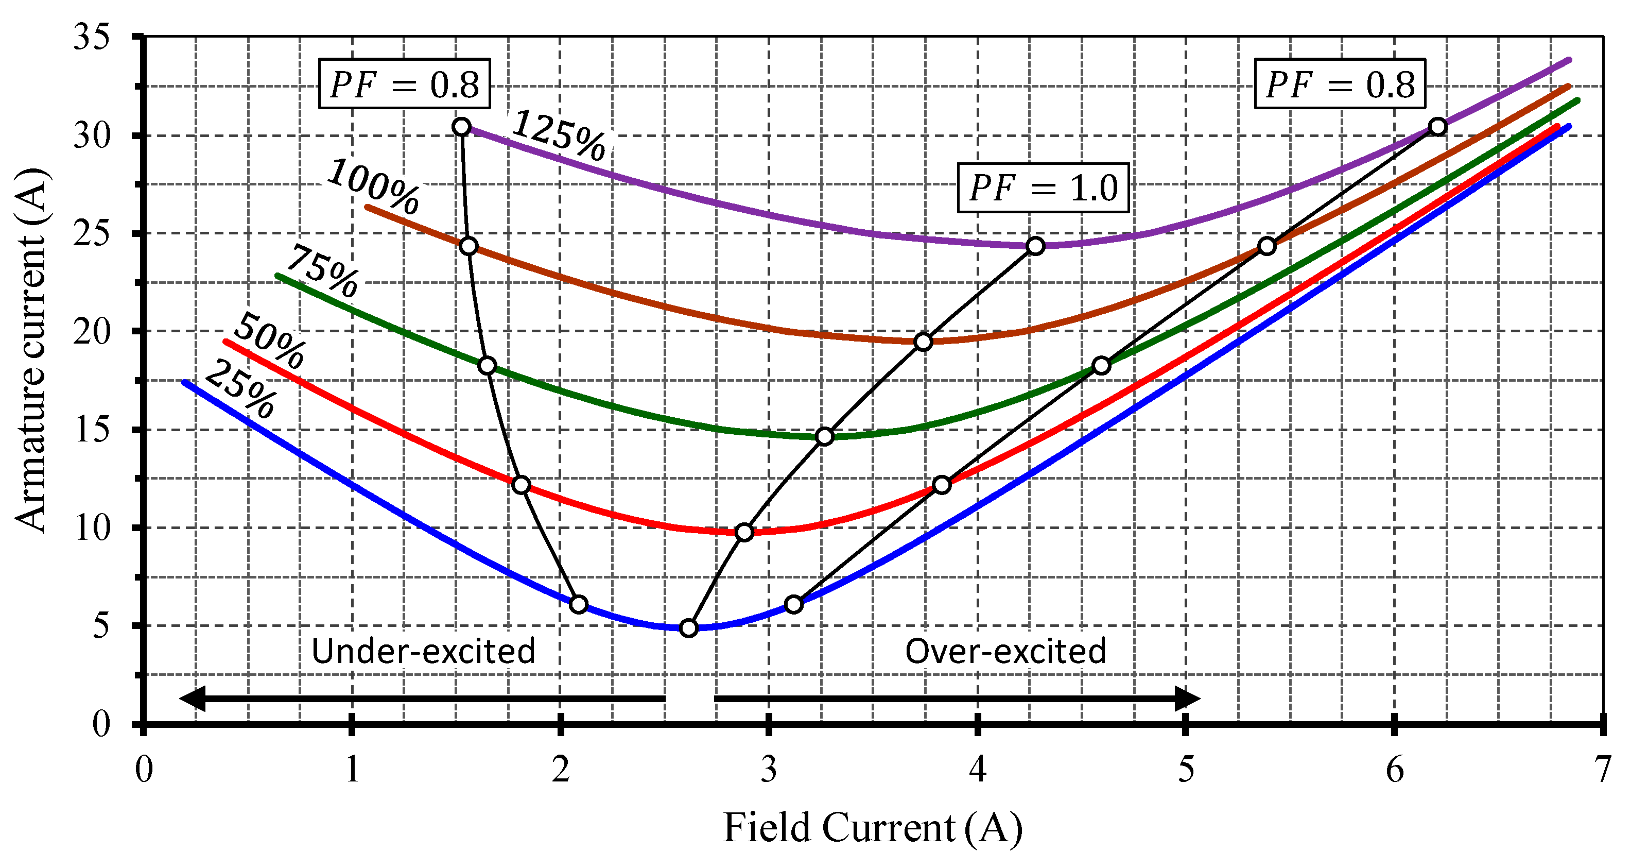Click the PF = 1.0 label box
click(1043, 188)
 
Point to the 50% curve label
click(270, 341)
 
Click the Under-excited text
click(423, 651)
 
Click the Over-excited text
click(1005, 651)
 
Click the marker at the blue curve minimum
click(689, 628)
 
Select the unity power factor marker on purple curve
click(1035, 246)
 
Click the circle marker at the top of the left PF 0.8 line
click(462, 127)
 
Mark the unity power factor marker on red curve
click(744, 532)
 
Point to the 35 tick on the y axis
click(91, 37)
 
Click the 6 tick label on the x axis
click(1394, 770)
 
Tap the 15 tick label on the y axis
click(91, 430)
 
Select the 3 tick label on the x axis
click(769, 770)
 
